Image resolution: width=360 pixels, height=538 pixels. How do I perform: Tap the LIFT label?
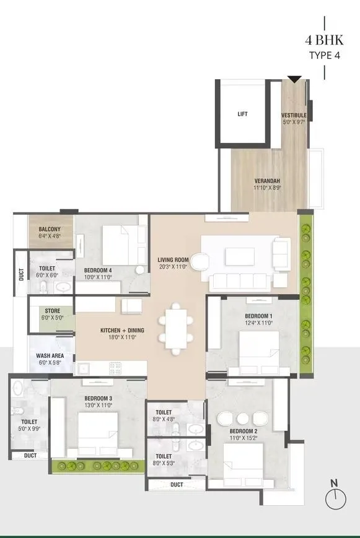[x=242, y=115]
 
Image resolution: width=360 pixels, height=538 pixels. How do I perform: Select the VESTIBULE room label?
[x=294, y=116]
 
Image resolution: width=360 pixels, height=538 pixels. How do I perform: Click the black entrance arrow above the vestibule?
[x=295, y=79]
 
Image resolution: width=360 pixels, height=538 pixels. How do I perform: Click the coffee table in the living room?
[x=240, y=256]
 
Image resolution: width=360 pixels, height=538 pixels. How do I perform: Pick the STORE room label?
[x=52, y=311]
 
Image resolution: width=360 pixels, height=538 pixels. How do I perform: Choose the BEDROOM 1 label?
[x=258, y=316]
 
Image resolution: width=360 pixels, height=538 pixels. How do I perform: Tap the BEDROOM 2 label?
[x=243, y=430]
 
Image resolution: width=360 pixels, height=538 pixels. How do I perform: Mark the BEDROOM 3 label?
[x=98, y=398]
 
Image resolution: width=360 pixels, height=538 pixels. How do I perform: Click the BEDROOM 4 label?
[x=98, y=271]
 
